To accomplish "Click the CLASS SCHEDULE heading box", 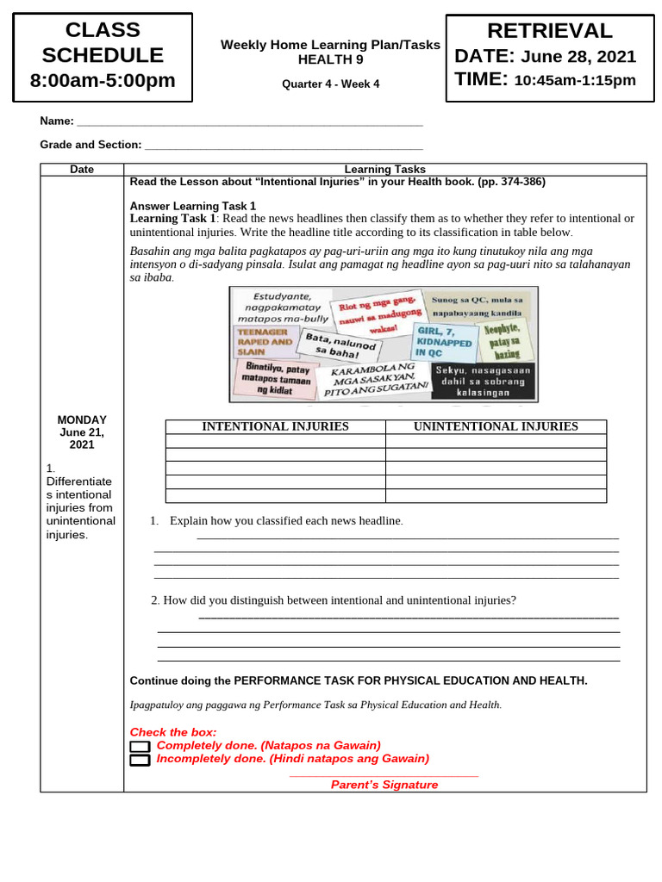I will coord(103,55).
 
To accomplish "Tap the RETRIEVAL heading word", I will coord(549,31).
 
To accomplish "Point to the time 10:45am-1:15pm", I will coord(574,81).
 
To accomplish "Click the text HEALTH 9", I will coord(330,59).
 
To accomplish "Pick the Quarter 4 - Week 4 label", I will coord(330,84).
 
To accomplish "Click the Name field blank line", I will coord(250,123).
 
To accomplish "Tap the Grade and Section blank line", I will coord(284,146).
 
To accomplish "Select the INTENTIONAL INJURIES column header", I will coord(275,426).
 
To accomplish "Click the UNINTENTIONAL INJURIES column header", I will coord(496,426).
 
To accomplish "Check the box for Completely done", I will coord(140,746).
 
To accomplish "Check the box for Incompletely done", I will coord(140,761).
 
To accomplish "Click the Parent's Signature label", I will coord(384,785).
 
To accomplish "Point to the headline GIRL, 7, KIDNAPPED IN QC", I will coord(445,342).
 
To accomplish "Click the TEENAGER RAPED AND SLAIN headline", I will coord(264,342).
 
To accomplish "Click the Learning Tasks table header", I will coord(384,170).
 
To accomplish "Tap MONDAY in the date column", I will coord(81,419).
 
